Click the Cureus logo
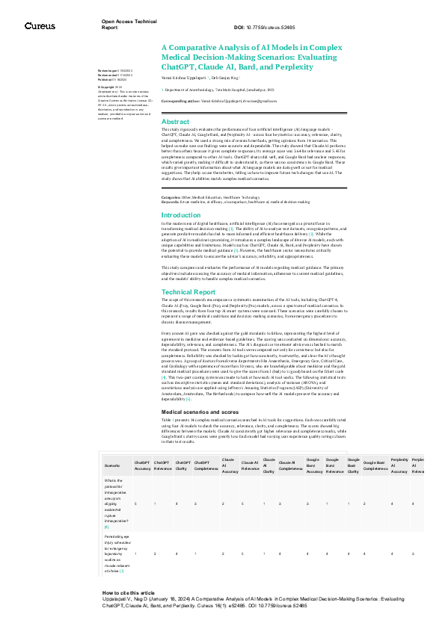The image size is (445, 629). pos(40,25)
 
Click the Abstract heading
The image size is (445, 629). pos(176,122)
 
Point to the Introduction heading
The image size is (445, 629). pos(181,215)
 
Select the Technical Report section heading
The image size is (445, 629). pos(188,292)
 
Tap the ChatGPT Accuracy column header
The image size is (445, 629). pos(142,444)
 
